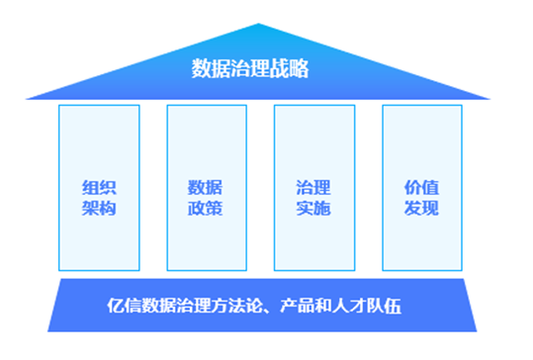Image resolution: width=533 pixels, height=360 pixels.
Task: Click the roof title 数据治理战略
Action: point(250,68)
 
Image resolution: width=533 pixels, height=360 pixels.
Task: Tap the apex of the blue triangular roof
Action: point(258,24)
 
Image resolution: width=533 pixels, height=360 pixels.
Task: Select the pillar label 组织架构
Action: point(99,198)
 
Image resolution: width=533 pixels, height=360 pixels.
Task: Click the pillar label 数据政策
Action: point(205,198)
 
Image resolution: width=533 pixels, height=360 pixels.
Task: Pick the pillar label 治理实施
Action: point(313,198)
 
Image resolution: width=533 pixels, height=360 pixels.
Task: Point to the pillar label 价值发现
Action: point(421,198)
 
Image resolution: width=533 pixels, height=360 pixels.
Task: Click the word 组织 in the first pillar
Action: point(99,188)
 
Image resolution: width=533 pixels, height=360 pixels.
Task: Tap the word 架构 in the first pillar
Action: point(99,208)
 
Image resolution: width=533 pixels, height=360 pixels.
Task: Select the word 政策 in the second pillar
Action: point(205,208)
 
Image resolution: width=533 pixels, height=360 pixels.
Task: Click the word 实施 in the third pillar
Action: point(313,208)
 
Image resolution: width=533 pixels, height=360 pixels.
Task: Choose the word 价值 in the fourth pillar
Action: point(421,188)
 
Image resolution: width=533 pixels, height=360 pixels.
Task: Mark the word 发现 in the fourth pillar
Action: point(421,208)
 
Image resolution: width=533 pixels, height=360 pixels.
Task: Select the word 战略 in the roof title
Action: point(289,68)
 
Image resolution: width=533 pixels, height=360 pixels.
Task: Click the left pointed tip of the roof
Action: point(26,99)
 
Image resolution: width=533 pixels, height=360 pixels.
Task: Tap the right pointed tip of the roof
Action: point(490,99)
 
